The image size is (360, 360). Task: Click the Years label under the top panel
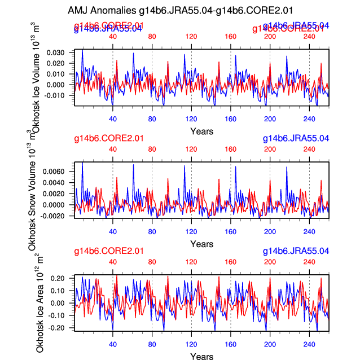[x=201, y=132]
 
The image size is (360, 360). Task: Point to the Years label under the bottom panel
[x=201, y=356]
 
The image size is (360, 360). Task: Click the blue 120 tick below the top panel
[x=191, y=119]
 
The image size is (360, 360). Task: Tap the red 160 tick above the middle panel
[x=230, y=150]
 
